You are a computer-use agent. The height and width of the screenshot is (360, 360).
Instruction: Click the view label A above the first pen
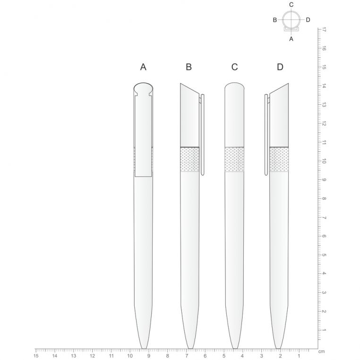[x=143, y=67]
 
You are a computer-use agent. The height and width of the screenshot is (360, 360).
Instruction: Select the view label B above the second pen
[x=189, y=67]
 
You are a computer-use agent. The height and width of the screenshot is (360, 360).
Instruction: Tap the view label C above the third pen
[x=234, y=67]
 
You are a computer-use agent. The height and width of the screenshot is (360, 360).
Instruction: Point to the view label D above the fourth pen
[x=280, y=67]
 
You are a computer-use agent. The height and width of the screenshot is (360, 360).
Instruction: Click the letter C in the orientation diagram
[x=291, y=5]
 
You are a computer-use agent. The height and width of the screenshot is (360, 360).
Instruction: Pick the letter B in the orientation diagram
[x=275, y=20]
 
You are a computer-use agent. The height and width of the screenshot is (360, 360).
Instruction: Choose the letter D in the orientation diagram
[x=308, y=20]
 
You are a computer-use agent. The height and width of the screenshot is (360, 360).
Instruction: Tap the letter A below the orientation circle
[x=291, y=39]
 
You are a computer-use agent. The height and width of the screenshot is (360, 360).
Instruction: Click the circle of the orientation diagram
[x=291, y=20]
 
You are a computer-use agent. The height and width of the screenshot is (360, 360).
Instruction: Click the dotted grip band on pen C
[x=234, y=159]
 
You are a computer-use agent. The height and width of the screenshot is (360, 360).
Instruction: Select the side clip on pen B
[x=203, y=135]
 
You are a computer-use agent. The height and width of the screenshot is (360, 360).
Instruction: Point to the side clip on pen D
[x=266, y=135]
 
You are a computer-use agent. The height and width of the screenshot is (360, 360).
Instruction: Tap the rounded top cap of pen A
[x=143, y=88]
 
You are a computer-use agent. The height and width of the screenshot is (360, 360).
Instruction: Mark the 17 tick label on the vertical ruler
[x=324, y=29]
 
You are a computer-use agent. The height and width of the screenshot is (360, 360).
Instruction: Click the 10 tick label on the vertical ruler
[x=324, y=161]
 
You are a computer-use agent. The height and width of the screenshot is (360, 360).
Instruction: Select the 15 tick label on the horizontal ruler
[x=36, y=356]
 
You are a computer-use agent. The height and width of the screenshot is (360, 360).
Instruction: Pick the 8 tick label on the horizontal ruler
[x=167, y=356]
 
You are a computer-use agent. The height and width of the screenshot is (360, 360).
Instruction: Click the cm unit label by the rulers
[x=321, y=352]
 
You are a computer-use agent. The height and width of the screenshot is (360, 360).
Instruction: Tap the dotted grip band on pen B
[x=189, y=159]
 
